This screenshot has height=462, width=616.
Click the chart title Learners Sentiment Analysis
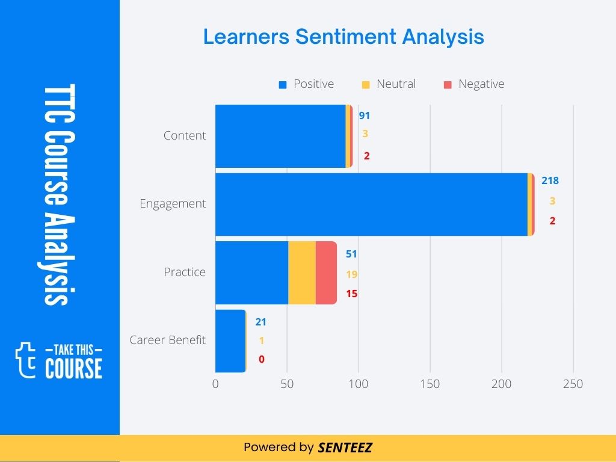click(x=343, y=37)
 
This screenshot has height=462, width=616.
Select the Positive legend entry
click(x=307, y=84)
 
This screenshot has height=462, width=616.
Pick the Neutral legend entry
click(x=389, y=84)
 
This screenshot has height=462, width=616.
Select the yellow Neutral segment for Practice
click(x=302, y=273)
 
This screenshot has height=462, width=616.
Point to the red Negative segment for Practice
click(x=326, y=273)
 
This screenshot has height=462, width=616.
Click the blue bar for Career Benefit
click(x=230, y=340)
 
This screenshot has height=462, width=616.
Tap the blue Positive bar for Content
click(x=280, y=136)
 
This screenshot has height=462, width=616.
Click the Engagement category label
click(x=173, y=204)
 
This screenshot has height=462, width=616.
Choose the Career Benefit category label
click(x=168, y=340)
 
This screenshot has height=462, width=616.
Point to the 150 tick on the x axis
click(x=430, y=384)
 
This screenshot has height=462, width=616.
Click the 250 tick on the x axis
click(x=573, y=384)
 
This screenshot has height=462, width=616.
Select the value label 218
click(x=550, y=180)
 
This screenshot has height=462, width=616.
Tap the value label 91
click(x=365, y=116)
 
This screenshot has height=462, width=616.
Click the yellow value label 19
click(x=352, y=274)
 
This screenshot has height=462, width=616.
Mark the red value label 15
click(x=352, y=294)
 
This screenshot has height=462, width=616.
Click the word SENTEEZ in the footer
click(x=345, y=448)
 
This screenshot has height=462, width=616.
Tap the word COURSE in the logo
click(x=73, y=368)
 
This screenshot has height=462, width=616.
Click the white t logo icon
click(x=25, y=360)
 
